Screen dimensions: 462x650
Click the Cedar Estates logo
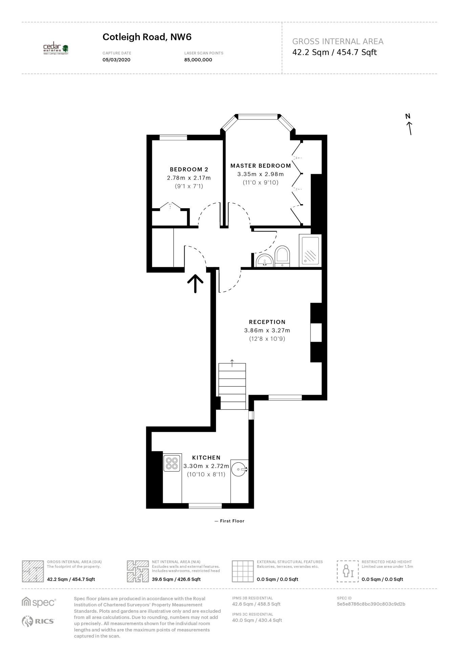[x=56, y=49]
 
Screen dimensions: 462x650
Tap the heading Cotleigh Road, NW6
[x=147, y=37]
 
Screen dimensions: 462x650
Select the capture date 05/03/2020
[x=116, y=60]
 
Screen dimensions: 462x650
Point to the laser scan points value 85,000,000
[x=198, y=60]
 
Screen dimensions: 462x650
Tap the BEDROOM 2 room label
[x=189, y=169]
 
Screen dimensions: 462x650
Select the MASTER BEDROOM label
[x=261, y=166]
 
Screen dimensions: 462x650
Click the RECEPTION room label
[x=267, y=322]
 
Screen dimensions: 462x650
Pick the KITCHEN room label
[x=206, y=458]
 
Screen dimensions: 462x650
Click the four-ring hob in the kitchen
[x=172, y=463]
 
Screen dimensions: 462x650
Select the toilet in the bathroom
[x=282, y=256]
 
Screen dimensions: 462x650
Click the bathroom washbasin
[x=264, y=260]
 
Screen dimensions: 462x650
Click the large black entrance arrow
[x=196, y=284]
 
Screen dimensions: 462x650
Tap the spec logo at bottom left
[x=39, y=602]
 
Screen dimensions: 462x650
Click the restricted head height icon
[x=348, y=571]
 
